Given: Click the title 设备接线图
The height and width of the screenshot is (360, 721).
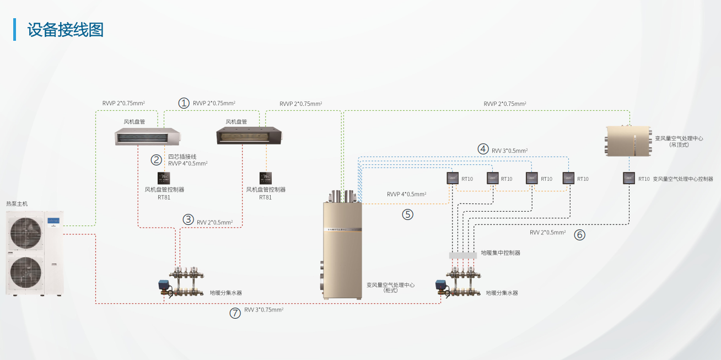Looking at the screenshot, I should pos(66,30).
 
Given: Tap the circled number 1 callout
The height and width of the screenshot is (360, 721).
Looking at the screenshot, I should pos(184,103).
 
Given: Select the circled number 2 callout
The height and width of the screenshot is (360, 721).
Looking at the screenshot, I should pos(157,160).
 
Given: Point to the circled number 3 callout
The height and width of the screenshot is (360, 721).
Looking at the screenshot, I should pos(189,219).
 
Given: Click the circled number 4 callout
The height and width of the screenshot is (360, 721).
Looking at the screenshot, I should pos(483,149).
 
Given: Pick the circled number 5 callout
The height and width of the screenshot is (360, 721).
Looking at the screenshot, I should pos(407,214).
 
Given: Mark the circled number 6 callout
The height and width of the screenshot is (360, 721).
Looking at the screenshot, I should pos(579,234).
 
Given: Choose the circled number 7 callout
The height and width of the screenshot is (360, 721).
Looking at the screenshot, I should pos(235,313).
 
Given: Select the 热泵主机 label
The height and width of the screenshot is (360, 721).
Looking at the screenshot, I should pos(17,204).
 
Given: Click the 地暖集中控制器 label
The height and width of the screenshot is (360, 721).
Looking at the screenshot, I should pos(501,252).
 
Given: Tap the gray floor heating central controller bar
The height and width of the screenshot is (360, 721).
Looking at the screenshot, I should pos(462,255).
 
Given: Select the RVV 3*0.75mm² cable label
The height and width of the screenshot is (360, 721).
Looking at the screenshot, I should pos(264,310).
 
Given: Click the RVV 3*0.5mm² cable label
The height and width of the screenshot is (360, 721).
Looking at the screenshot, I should pos(510,150).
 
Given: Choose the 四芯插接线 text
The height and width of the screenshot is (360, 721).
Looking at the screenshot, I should pos(182,157).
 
